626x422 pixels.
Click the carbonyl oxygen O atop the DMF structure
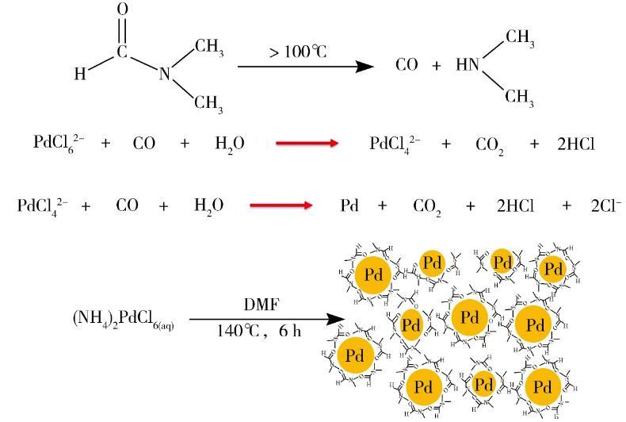point(123,10)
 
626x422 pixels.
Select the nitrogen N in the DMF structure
point(165,74)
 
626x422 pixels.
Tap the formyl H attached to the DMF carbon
point(80,75)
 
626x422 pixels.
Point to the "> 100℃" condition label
point(298,52)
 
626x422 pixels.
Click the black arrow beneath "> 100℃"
point(305,66)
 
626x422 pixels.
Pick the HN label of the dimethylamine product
point(468,65)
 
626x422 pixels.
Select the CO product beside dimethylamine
point(407,65)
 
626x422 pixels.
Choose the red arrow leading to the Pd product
point(281,206)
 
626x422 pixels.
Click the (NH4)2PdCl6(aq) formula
point(126,320)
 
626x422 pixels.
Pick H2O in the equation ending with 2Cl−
point(208,206)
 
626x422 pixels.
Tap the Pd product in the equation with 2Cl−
point(349,206)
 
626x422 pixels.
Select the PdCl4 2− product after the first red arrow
point(396,144)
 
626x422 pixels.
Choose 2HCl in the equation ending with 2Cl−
point(515,206)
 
